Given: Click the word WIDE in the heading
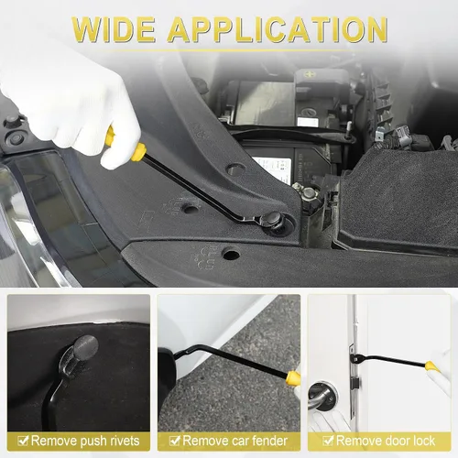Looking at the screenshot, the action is click(114, 29).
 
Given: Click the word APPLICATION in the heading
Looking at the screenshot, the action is click(278, 29).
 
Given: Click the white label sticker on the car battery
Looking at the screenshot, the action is click(272, 169).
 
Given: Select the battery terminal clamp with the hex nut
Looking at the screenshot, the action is click(309, 194).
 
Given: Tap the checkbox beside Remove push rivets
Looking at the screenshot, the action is click(23, 441).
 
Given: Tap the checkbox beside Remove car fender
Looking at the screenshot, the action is click(174, 441).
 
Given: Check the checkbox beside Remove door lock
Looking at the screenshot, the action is click(328, 441).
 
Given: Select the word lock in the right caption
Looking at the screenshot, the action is click(423, 441).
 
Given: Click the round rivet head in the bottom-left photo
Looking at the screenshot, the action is click(86, 347).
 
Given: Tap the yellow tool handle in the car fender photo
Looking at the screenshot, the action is click(294, 377).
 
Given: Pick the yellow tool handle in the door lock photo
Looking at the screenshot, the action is click(431, 365).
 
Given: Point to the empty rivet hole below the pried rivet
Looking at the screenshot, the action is click(231, 254).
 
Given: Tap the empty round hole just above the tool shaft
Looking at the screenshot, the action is click(236, 169).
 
